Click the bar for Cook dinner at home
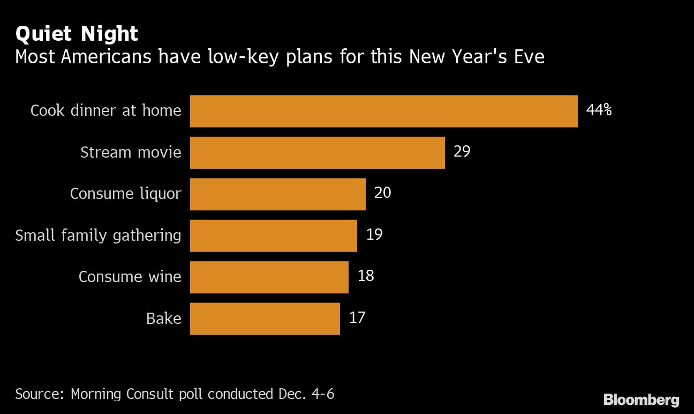point(383,111)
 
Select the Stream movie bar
point(317,153)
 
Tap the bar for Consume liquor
point(277,194)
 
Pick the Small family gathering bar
point(273,235)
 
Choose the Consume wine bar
point(269,277)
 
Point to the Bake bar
point(265,319)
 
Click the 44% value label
point(599,110)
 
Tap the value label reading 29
point(462,152)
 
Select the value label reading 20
point(382,193)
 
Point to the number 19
point(374,235)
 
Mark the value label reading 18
point(365,276)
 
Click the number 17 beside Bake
point(357,317)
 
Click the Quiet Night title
point(77,34)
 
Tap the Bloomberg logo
point(641,400)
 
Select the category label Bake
point(163,319)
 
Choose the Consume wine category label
point(130,277)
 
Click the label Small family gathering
point(98,235)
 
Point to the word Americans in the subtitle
point(106,56)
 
